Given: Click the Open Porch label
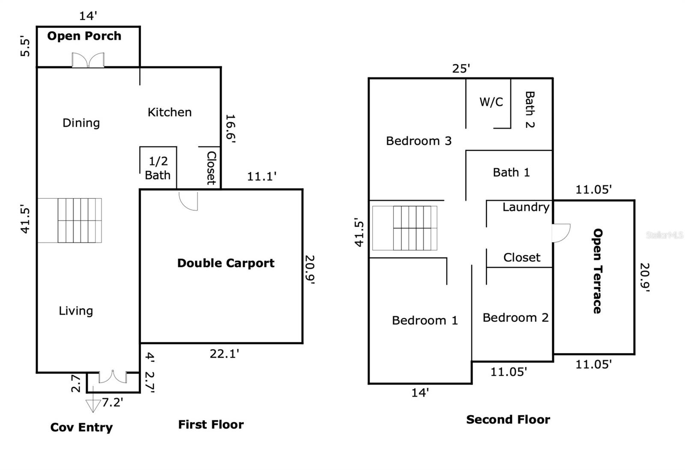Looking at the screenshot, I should [x=84, y=36].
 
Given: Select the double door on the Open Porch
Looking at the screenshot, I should [x=88, y=60].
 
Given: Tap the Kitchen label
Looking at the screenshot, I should [x=170, y=112].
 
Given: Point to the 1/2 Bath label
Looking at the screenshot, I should [x=158, y=168].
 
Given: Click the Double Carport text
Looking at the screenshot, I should [x=226, y=263].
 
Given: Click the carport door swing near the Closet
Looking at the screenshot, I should [x=188, y=201].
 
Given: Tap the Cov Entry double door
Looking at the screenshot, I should [x=113, y=377].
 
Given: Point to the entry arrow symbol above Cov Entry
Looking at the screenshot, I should [x=93, y=404].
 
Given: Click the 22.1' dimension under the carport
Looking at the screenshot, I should [x=224, y=354].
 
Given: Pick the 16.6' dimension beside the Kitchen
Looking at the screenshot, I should [x=231, y=129].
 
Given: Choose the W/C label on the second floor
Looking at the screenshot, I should [x=491, y=102].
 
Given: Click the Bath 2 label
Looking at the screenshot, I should [x=530, y=109].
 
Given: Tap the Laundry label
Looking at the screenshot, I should [x=526, y=207].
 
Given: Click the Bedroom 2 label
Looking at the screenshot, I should [x=515, y=317].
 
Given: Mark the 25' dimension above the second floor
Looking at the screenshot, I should [x=461, y=69].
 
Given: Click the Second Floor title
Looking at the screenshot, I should [x=508, y=419].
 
